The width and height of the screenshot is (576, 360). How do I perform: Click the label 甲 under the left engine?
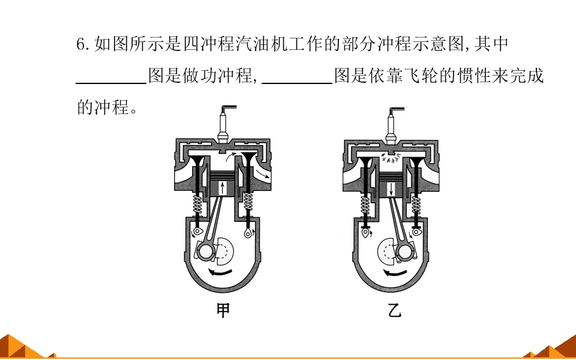[x=223, y=310]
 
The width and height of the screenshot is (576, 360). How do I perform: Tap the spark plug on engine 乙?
[x=392, y=125]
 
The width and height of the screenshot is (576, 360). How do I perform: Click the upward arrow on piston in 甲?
[x=223, y=188]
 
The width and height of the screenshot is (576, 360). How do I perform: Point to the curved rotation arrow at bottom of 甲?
[x=220, y=272]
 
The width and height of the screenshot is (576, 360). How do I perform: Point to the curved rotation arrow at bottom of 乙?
[x=395, y=273]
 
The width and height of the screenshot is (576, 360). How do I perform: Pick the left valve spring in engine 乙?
[x=365, y=205]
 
